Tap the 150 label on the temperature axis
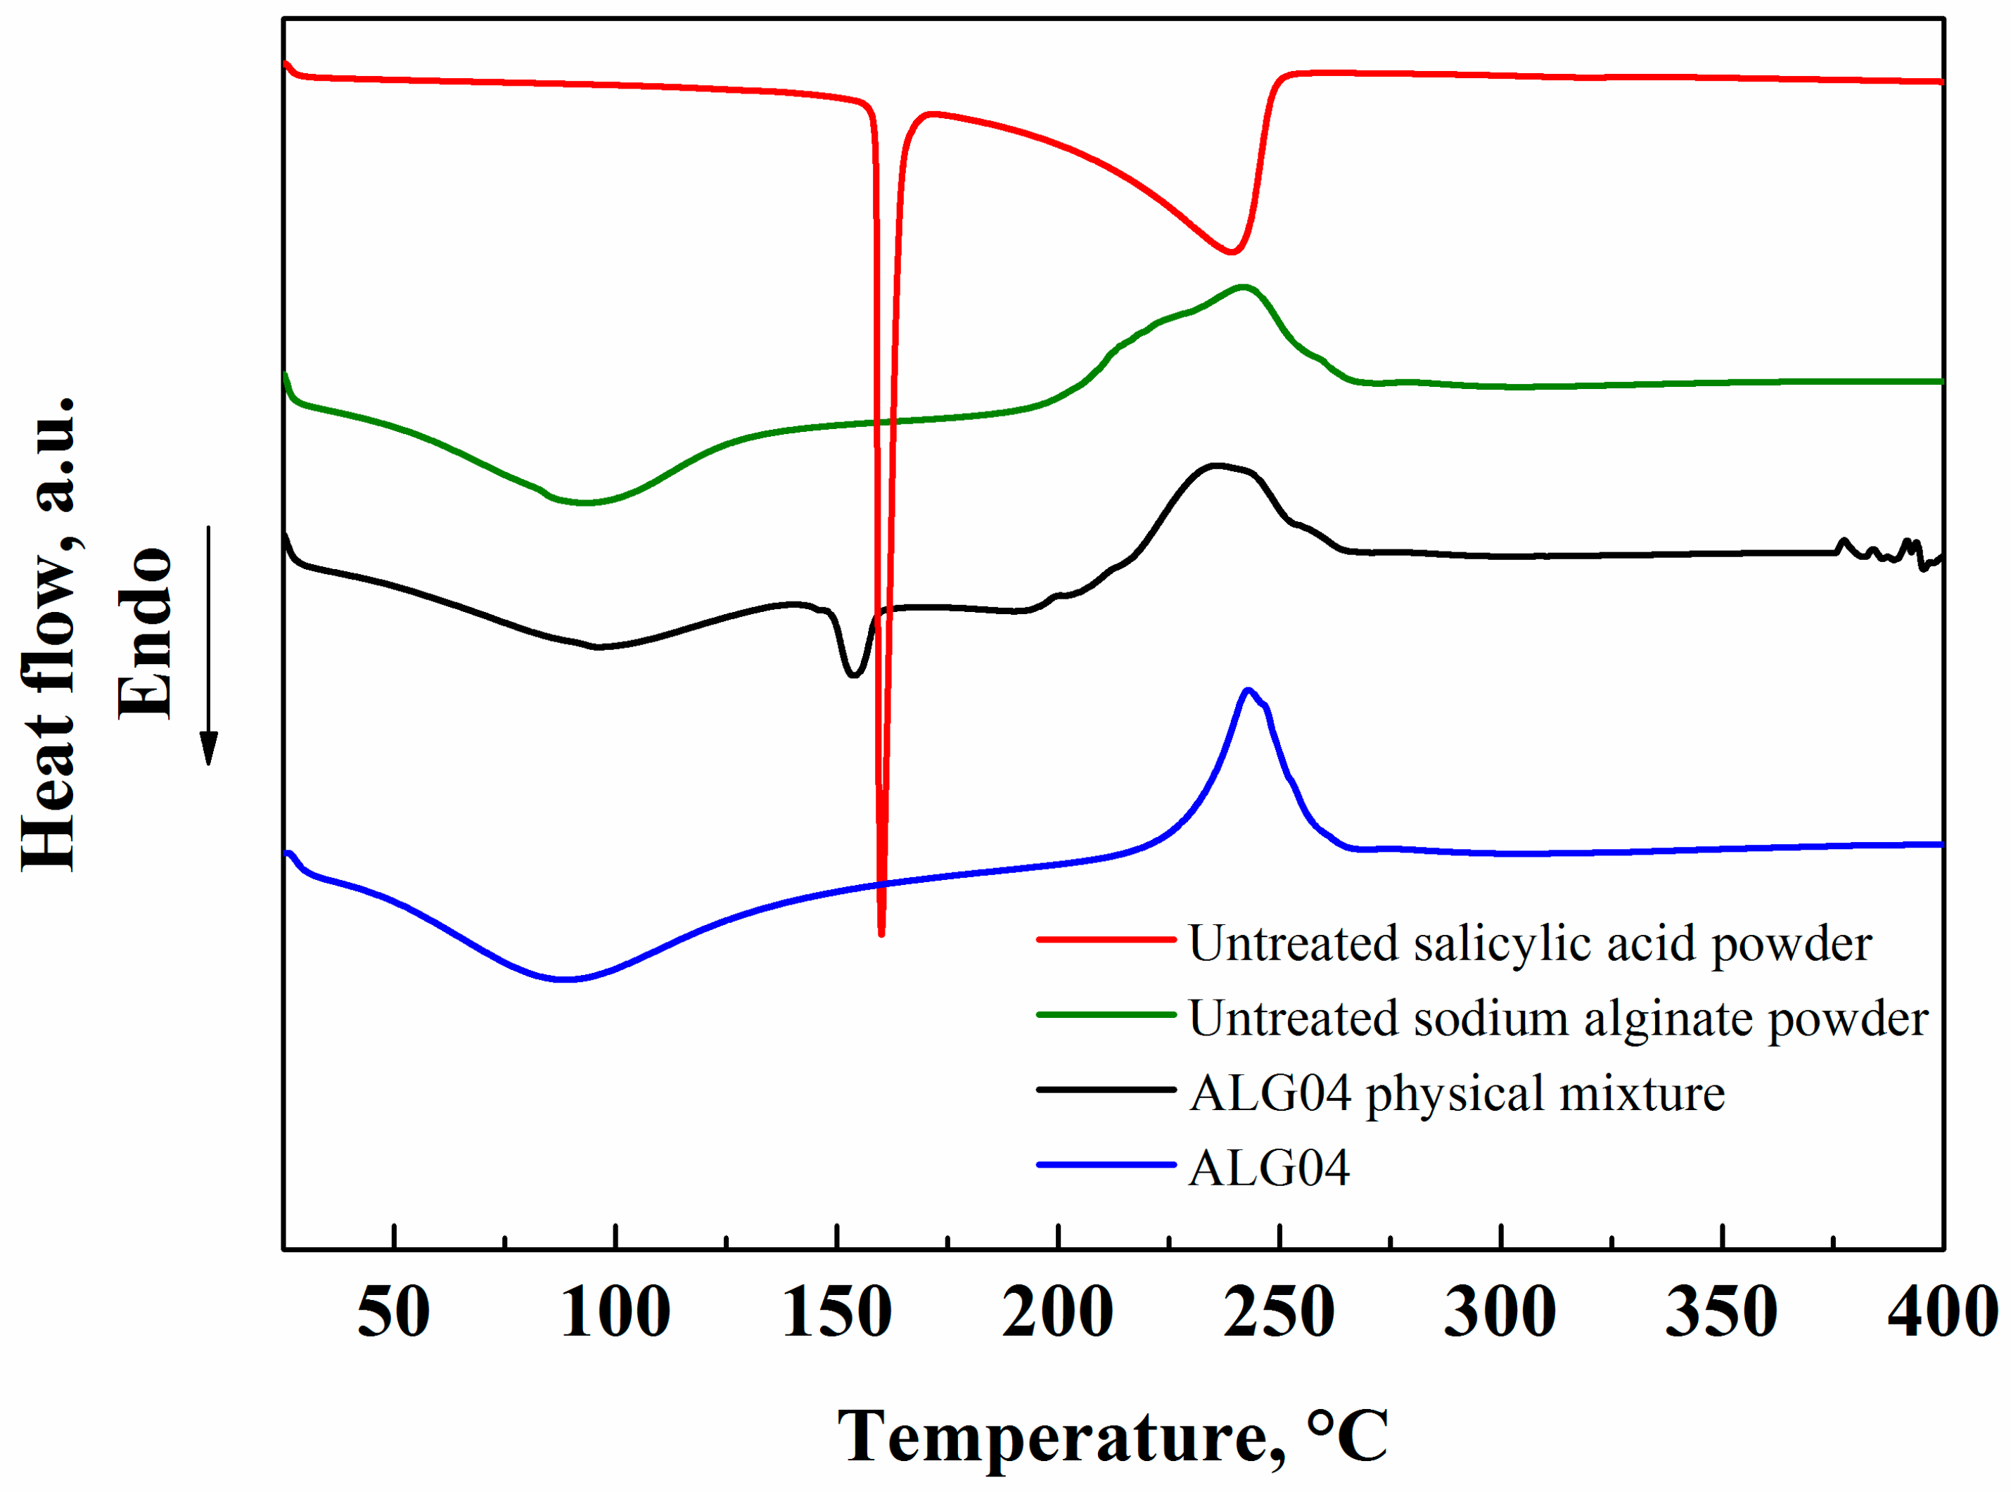(x=836, y=1313)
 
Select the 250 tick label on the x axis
(x=1279, y=1313)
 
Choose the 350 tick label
(x=1721, y=1313)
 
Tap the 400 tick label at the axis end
(x=1941, y=1313)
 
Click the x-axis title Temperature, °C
(x=1113, y=1435)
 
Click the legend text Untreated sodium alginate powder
(x=1558, y=1019)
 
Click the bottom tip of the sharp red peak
(x=881, y=933)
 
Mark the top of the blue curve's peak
(x=1248, y=690)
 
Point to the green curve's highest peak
(x=1244, y=287)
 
